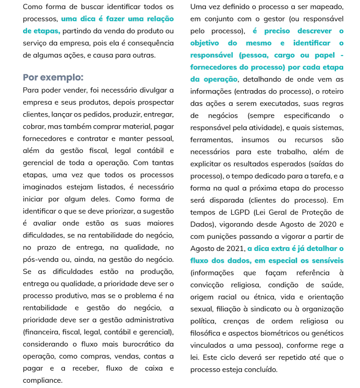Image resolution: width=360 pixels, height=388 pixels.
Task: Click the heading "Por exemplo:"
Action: click(53, 78)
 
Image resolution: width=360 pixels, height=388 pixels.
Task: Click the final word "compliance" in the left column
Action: click(43, 380)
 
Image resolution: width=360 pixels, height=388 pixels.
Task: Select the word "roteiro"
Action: click(331, 91)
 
